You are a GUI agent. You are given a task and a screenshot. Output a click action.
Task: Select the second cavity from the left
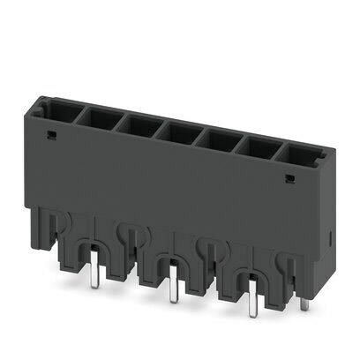pyautogui.click(x=96, y=116)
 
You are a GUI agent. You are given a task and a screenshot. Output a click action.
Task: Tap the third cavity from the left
pyautogui.click(x=135, y=123)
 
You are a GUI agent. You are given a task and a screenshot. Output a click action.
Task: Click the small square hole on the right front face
pyautogui.click(x=289, y=179)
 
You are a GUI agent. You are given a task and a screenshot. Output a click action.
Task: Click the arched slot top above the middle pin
pyautogui.click(x=169, y=259)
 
